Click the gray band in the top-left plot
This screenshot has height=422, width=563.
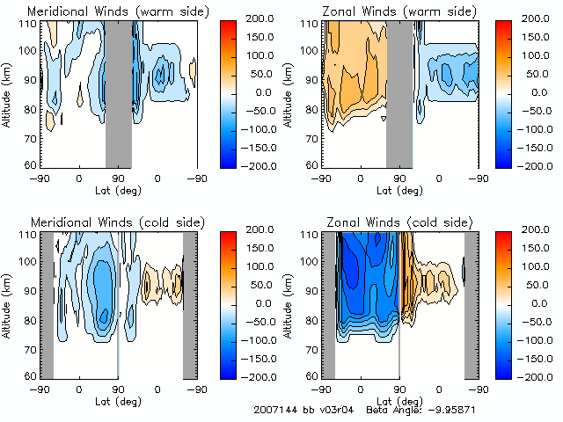(x=118, y=91)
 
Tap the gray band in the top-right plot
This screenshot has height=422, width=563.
(x=398, y=91)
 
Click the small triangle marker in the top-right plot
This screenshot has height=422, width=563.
(x=384, y=119)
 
